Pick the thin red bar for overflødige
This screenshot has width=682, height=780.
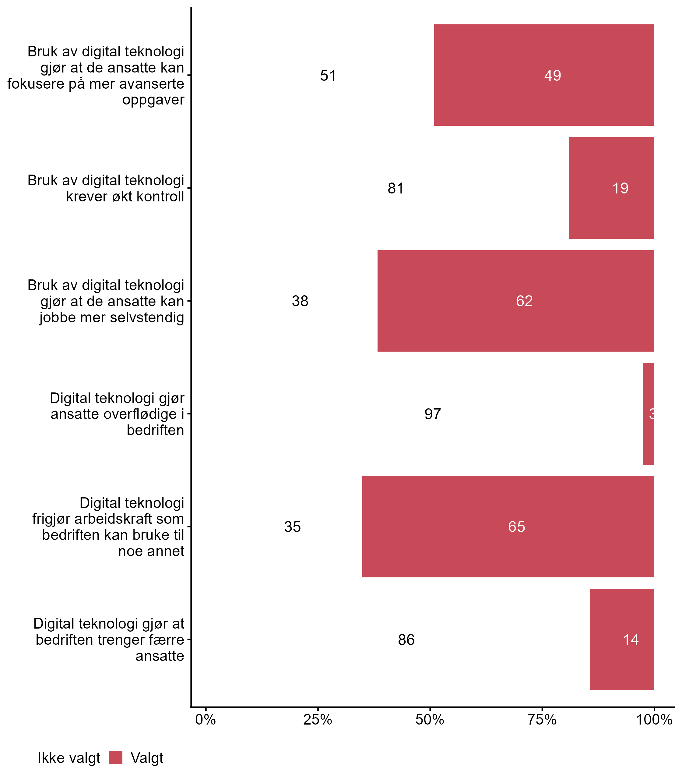[x=649, y=414]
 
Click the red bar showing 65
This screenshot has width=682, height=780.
[x=508, y=526]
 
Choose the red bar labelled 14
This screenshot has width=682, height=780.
[x=622, y=639]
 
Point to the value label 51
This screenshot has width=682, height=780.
[x=328, y=76]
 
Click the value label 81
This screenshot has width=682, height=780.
[x=396, y=188]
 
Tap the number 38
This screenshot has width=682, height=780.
[x=300, y=301]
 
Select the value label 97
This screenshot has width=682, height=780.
[x=433, y=414]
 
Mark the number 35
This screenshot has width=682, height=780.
[x=292, y=527]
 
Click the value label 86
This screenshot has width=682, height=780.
[x=406, y=640]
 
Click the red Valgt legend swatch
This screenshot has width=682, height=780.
[x=115, y=757]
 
